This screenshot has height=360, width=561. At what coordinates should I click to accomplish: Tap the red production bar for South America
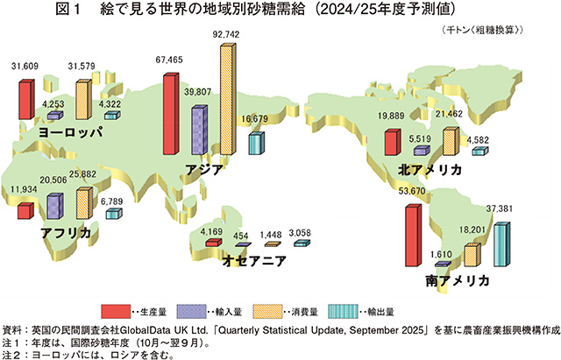point(410,234)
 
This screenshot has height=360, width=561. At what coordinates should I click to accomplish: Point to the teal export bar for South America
point(501,249)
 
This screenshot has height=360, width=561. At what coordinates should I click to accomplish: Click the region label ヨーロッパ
point(71,131)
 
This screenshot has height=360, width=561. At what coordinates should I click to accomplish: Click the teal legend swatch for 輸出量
point(343,311)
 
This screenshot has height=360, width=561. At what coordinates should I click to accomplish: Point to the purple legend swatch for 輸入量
point(188,311)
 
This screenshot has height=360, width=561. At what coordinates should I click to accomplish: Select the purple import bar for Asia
point(196,130)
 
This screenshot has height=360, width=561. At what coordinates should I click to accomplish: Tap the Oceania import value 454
point(241,235)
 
